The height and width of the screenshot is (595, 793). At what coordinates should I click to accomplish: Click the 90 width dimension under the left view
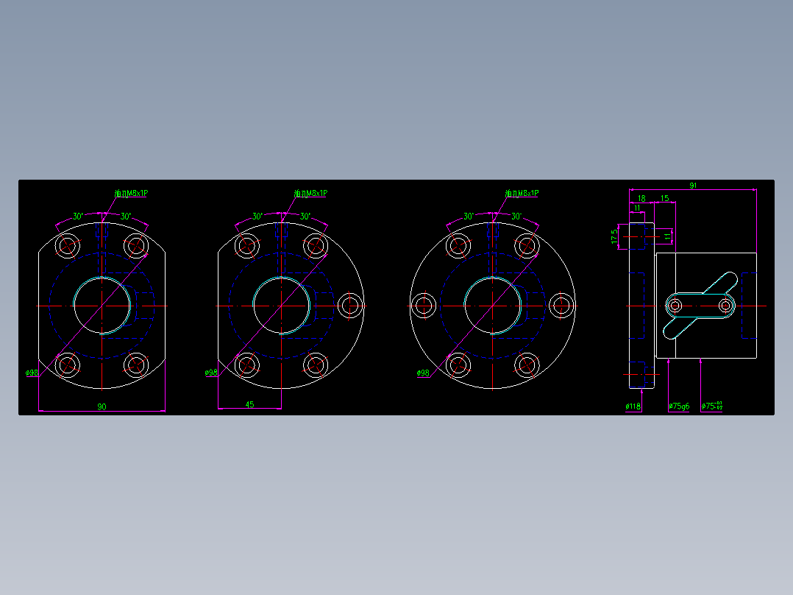click(x=102, y=406)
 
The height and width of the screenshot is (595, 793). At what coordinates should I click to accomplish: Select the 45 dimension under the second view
click(x=249, y=404)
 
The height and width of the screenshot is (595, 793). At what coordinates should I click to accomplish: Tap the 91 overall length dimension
click(x=693, y=186)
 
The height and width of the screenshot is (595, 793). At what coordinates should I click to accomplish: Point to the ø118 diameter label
click(x=633, y=406)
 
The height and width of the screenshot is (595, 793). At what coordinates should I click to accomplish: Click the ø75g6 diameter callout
click(x=679, y=406)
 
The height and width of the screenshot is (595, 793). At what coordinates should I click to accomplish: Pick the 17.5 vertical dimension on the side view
click(x=614, y=236)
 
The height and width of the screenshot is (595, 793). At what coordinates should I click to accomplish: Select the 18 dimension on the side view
click(x=641, y=198)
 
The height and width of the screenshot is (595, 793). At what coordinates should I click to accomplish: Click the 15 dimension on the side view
click(x=664, y=198)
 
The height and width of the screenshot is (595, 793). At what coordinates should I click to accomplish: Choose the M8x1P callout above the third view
click(x=522, y=193)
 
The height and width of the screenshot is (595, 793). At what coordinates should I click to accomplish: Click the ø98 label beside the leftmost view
click(x=32, y=373)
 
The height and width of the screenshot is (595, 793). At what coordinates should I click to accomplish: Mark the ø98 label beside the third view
click(x=423, y=373)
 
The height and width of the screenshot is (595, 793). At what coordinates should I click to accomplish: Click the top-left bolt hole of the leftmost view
click(x=68, y=245)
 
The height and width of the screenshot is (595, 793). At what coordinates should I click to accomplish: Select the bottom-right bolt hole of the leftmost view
click(x=136, y=364)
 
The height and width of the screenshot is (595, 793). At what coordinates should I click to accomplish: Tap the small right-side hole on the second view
click(x=350, y=305)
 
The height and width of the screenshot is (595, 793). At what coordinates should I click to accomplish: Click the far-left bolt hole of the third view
click(x=423, y=305)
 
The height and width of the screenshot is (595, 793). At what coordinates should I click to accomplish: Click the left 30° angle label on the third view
click(x=469, y=216)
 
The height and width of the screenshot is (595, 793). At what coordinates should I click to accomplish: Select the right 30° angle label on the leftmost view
click(x=126, y=216)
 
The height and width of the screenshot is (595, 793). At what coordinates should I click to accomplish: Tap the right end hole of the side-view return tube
click(x=726, y=305)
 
